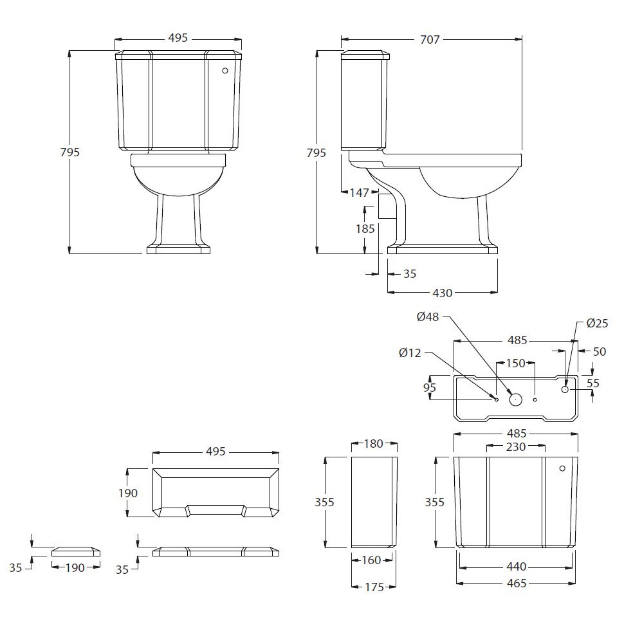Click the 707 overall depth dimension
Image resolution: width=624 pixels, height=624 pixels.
[x=430, y=39]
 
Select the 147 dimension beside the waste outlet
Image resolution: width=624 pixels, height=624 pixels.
[x=360, y=192]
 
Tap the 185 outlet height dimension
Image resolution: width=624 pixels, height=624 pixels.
[x=365, y=228]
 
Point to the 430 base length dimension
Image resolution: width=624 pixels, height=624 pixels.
[x=443, y=293]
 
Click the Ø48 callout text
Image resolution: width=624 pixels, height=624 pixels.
[x=428, y=317]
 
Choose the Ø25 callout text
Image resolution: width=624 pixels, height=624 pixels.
[x=597, y=323]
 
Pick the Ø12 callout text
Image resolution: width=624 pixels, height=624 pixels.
[x=410, y=353]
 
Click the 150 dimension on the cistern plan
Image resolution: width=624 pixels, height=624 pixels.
[x=516, y=363]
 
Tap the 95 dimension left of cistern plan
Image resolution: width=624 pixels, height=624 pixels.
[x=430, y=387]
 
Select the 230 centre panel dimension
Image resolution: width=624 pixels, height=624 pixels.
[x=516, y=447]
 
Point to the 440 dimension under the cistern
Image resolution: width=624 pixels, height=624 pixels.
[x=517, y=566]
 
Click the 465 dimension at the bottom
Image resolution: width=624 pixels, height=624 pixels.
[x=517, y=583]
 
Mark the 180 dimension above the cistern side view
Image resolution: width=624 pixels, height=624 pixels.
[x=373, y=444]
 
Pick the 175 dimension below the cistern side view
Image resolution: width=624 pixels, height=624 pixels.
[x=374, y=587]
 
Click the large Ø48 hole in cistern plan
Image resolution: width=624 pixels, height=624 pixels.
[x=516, y=399]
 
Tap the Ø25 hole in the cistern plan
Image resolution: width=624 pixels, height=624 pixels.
[x=565, y=389]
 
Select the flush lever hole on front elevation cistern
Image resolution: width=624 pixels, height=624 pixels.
[x=225, y=70]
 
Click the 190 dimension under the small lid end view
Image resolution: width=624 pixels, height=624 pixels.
[x=75, y=568]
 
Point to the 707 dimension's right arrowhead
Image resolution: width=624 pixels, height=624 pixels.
[x=518, y=39]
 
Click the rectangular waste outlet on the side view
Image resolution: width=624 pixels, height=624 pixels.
[x=387, y=206]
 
